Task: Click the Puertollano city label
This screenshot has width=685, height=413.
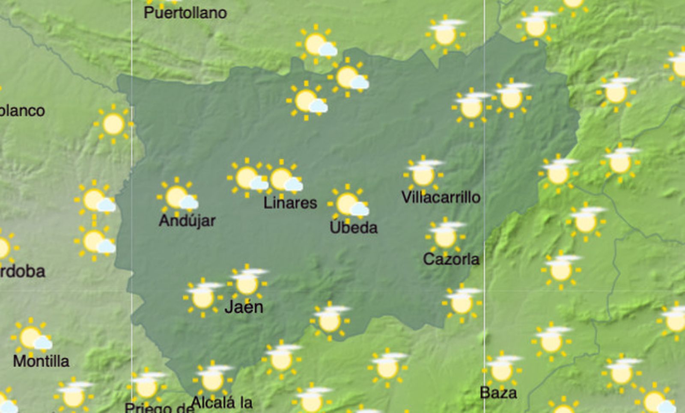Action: click(x=185, y=13)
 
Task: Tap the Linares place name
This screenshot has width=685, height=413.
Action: click(x=290, y=202)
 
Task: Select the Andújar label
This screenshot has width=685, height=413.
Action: click(x=187, y=220)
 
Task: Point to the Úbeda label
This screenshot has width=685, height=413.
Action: click(x=354, y=227)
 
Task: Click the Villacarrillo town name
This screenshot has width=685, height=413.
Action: click(x=441, y=197)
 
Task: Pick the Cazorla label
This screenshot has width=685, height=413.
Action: click(x=451, y=259)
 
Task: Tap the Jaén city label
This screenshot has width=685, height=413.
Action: click(x=244, y=307)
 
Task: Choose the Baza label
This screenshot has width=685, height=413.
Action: click(x=498, y=392)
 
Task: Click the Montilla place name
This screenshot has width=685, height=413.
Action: click(x=41, y=361)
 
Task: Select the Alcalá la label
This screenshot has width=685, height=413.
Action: click(x=221, y=402)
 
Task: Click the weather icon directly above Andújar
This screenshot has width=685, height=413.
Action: click(x=177, y=197)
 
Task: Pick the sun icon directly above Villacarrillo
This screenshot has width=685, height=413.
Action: click(x=423, y=174)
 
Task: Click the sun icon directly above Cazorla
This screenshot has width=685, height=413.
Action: click(x=445, y=236)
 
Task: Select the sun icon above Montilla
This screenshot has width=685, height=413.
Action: click(x=31, y=338)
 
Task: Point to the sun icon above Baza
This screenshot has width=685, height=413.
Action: click(x=501, y=370)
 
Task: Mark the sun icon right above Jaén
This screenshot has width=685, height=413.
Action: click(x=247, y=283)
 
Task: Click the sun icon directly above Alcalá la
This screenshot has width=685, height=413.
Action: click(x=212, y=379)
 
